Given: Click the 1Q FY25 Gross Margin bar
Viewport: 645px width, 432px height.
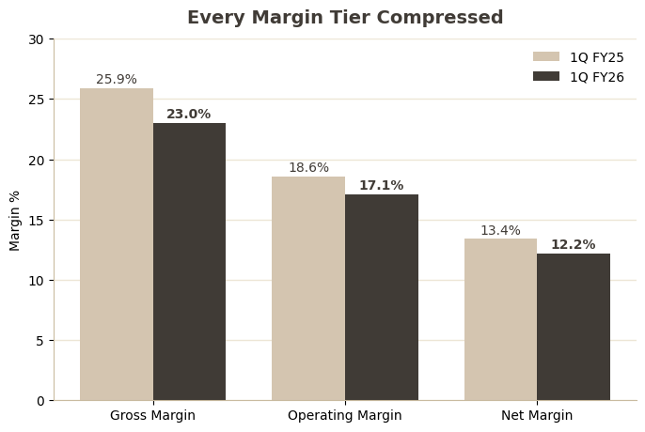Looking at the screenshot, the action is [x=117, y=244].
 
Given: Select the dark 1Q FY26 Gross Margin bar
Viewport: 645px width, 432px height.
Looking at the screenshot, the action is [x=189, y=261].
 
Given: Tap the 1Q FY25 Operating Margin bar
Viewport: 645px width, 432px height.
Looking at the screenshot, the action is [x=308, y=288].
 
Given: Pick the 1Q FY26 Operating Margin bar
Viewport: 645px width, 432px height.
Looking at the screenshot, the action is [x=382, y=297].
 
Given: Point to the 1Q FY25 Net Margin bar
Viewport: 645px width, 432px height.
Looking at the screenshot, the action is [x=500, y=319].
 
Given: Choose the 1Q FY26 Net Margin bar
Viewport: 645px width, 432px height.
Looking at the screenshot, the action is [x=574, y=327].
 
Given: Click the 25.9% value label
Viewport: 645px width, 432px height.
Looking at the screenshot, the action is [x=117, y=79].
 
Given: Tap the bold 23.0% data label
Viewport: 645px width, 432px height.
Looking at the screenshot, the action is [x=188, y=114].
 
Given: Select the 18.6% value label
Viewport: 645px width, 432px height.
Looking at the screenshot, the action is [x=308, y=167].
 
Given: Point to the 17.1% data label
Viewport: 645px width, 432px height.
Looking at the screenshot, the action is [x=382, y=185].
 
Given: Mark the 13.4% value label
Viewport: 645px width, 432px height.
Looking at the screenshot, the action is [x=500, y=231].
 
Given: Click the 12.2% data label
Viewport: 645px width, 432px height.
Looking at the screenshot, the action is [x=573, y=244].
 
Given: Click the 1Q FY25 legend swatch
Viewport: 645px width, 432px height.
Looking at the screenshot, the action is [x=546, y=56].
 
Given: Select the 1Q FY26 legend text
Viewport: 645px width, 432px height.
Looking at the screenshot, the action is [x=597, y=77].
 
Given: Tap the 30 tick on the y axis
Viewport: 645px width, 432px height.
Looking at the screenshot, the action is [x=36, y=39].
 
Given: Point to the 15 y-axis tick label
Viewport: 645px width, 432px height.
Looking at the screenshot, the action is [x=36, y=221].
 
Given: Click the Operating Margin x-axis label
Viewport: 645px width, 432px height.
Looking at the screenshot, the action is [x=345, y=415].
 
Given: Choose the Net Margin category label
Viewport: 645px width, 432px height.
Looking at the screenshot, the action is [x=537, y=415].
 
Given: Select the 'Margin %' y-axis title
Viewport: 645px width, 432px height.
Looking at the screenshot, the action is [x=14, y=221].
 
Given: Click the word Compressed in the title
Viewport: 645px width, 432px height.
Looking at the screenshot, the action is [x=440, y=18].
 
